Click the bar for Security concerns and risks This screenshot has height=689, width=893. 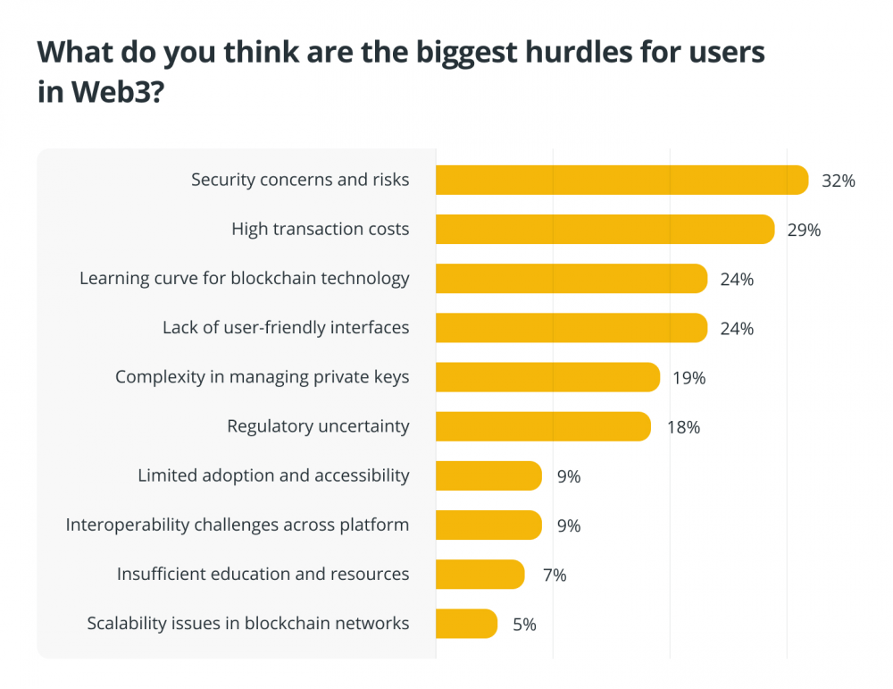(x=622, y=181)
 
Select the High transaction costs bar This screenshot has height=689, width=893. (x=605, y=230)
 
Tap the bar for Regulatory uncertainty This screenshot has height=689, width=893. (x=543, y=426)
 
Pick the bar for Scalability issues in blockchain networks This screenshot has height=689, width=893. (x=466, y=624)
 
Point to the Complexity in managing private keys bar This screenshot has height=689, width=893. (x=547, y=377)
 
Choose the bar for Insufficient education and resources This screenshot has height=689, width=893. (x=480, y=575)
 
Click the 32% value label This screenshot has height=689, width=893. (x=839, y=181)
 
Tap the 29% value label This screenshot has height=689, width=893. (x=804, y=230)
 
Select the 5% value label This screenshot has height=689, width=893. (x=524, y=625)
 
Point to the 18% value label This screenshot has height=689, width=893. (x=683, y=427)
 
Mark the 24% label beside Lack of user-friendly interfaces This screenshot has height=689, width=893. (x=737, y=329)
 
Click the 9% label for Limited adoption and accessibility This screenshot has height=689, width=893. (x=569, y=476)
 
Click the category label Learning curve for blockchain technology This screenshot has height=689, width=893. (x=245, y=278)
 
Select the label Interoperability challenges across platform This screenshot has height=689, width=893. (x=238, y=525)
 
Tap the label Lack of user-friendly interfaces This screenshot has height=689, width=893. (x=286, y=328)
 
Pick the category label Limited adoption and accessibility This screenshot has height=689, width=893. (x=273, y=475)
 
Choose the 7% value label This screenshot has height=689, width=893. (x=555, y=575)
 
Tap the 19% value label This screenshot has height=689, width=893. (x=689, y=378)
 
